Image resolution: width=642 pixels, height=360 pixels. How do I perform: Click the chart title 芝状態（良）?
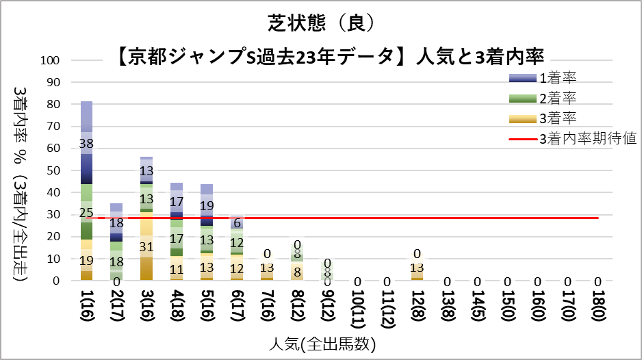coord(320,23)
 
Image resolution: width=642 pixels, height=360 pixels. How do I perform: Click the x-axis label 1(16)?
coord(86,305)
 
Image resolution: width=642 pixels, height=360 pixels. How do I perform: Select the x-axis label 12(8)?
coord(418,305)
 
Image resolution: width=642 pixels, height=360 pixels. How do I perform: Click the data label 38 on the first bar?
coord(86,144)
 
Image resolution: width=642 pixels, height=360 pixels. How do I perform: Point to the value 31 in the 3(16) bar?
coord(146,246)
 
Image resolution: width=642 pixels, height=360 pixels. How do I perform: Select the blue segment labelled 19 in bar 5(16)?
coord(207,205)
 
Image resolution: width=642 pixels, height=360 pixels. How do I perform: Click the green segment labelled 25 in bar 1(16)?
coord(86,213)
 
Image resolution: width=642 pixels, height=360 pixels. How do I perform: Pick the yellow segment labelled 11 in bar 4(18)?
coord(177,268)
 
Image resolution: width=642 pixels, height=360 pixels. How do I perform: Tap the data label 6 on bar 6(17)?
coord(237,223)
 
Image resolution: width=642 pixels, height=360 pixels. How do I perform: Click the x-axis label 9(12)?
coord(327,305)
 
